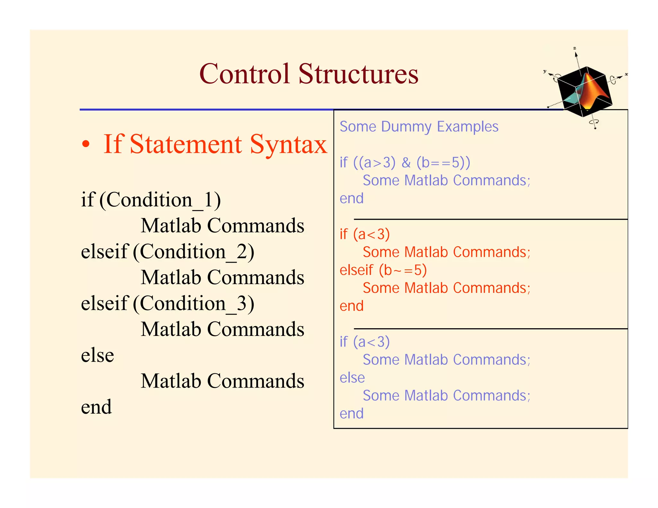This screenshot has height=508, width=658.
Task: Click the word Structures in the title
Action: pyautogui.click(x=358, y=74)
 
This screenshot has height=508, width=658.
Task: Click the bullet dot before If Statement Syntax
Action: pyautogui.click(x=85, y=145)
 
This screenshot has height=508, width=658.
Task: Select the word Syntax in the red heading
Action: pyautogui.click(x=288, y=145)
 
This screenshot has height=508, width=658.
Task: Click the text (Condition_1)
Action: pyautogui.click(x=160, y=200)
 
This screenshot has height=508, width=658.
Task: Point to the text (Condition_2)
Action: pyautogui.click(x=193, y=251)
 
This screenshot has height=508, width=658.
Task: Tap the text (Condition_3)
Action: pyautogui.click(x=193, y=303)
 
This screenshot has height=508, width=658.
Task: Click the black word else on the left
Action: pyautogui.click(x=97, y=355)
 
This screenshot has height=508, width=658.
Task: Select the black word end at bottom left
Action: pyautogui.click(x=96, y=407)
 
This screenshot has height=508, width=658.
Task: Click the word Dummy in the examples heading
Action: pyautogui.click(x=406, y=127)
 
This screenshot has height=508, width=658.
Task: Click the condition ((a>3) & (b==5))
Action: pyautogui.click(x=412, y=162)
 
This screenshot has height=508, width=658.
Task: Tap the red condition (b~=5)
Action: pyautogui.click(x=403, y=270)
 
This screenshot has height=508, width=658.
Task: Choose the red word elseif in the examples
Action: pyautogui.click(x=356, y=270)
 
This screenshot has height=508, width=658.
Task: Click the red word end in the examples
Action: pyautogui.click(x=351, y=306)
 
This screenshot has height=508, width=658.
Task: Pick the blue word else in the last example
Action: pyautogui.click(x=352, y=378)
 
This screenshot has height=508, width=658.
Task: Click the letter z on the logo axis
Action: pyautogui.click(x=575, y=48)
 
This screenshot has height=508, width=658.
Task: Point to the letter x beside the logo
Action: pyautogui.click(x=626, y=74)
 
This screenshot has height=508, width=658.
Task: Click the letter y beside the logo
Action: pyautogui.click(x=545, y=71)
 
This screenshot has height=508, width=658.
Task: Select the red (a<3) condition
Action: pyautogui.click(x=371, y=234)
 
